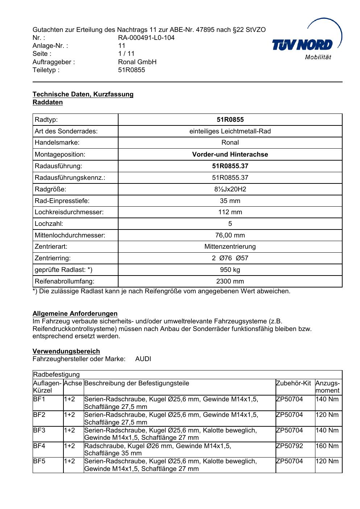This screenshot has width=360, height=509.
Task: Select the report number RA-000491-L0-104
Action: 146,38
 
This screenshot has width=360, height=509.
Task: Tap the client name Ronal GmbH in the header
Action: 137,62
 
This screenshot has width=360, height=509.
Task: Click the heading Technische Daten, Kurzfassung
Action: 83,94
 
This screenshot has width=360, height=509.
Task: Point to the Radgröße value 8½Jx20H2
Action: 230,189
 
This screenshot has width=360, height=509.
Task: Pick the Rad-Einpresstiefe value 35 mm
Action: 230,201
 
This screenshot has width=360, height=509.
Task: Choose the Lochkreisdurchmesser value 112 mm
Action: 230,212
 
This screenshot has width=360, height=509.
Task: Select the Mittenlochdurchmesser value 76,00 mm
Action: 230,235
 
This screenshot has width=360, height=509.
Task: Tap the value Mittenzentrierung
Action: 230,247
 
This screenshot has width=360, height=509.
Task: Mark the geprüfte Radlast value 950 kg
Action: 230,270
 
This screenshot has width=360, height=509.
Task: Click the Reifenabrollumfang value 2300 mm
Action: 230,281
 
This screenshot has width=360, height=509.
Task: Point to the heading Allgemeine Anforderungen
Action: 75,314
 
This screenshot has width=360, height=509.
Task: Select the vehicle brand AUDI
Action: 143,359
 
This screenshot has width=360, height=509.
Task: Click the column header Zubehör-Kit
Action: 293,383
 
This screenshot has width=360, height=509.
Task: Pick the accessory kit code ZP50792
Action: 289,446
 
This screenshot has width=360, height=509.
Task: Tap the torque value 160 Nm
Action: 327,446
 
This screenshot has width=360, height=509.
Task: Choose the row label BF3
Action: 39,430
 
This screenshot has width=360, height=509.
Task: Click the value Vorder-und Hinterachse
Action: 230,154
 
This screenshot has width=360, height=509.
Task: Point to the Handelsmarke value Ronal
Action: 230,143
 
